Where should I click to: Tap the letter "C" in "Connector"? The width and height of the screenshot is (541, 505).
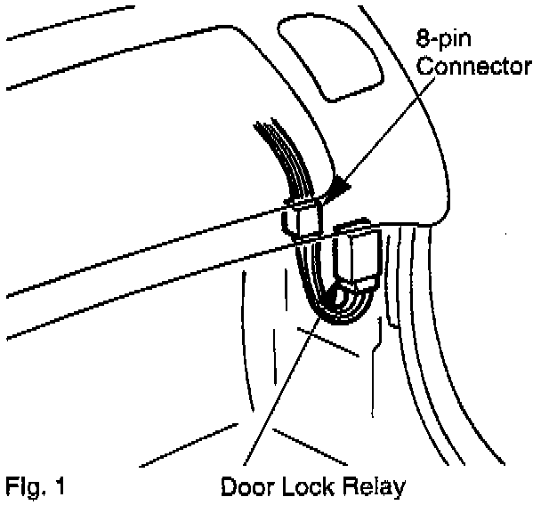tap(425, 66)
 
